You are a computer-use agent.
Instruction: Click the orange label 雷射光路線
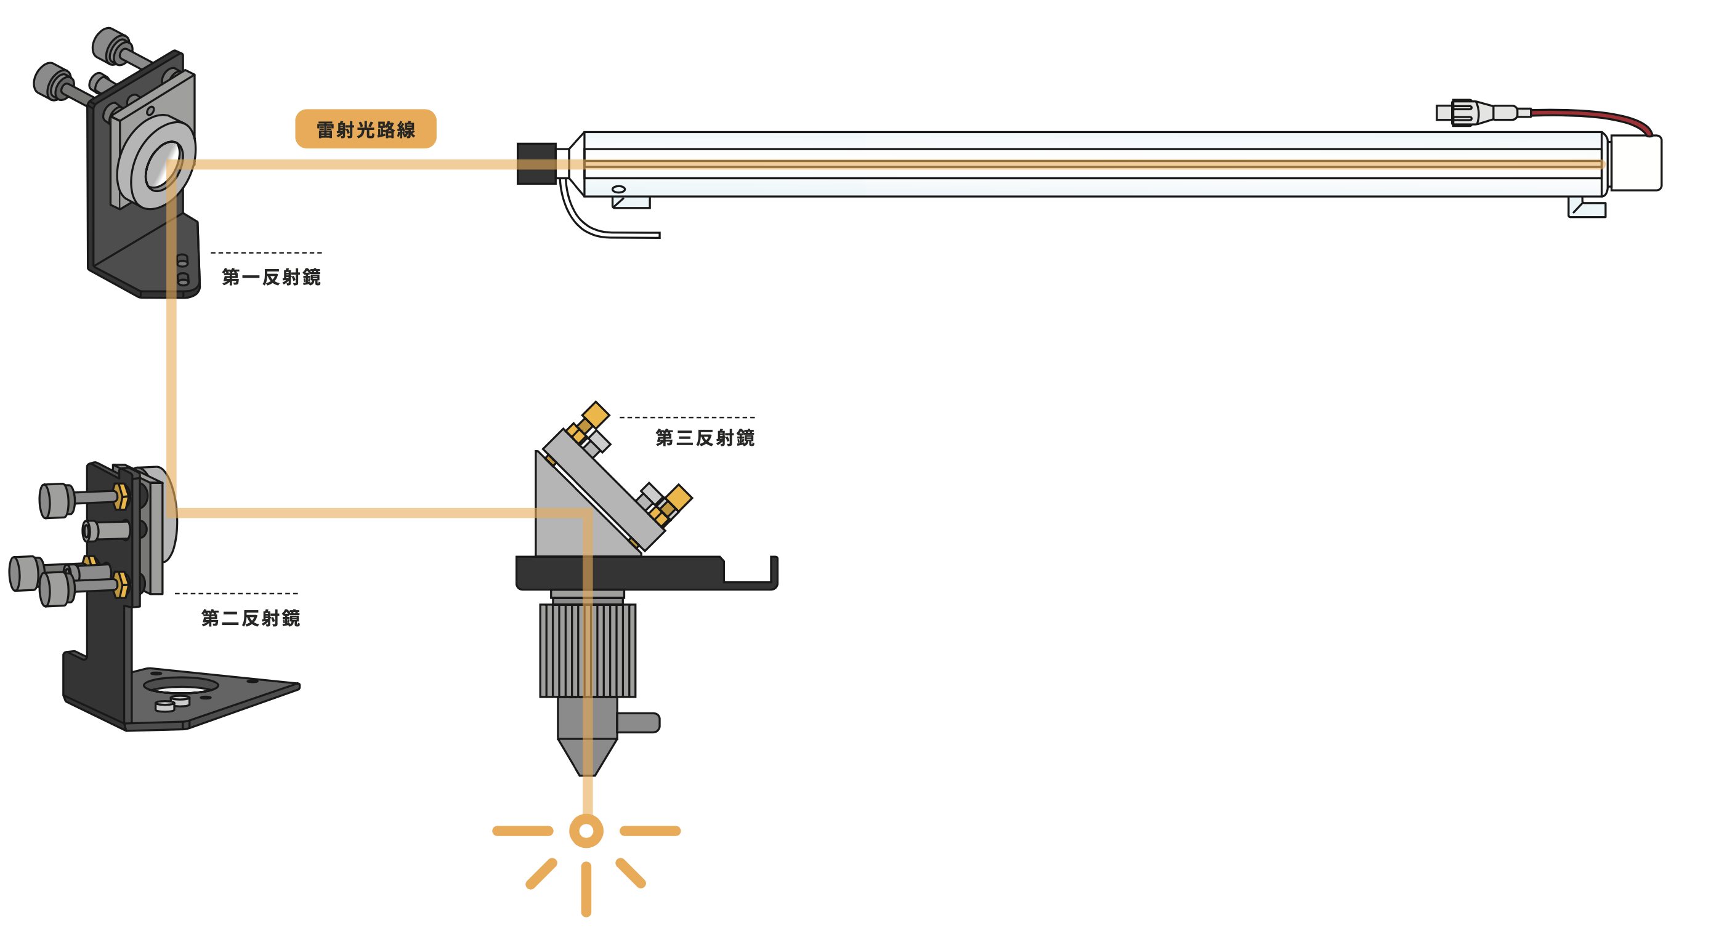(x=365, y=129)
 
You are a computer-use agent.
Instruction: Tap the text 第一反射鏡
(x=272, y=277)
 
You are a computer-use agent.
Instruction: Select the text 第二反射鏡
(x=251, y=618)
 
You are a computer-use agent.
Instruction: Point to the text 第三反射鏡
(x=705, y=438)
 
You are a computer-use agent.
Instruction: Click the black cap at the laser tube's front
(x=536, y=164)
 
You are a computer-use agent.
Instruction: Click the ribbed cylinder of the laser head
(x=588, y=650)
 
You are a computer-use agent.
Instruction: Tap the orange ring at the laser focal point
(x=586, y=831)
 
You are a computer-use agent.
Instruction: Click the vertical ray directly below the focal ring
(x=586, y=889)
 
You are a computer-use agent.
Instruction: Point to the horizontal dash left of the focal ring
(x=523, y=831)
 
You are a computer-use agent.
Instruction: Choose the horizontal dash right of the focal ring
(x=650, y=831)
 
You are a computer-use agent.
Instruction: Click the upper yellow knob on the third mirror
(x=595, y=414)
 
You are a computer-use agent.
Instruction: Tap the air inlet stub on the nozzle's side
(x=638, y=722)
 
